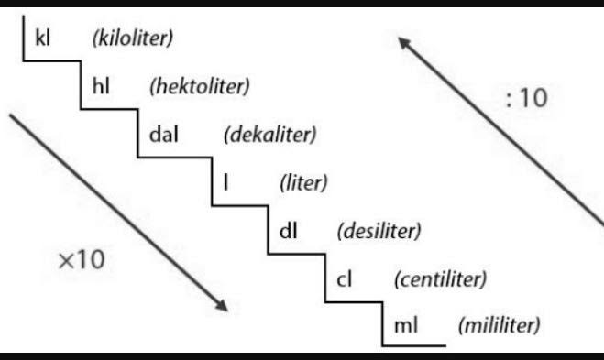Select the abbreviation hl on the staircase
coord(102,87)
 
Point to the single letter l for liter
coord(225,182)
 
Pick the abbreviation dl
coord(287,229)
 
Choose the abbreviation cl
coord(345,278)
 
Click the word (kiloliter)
coord(133,38)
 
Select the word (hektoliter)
coord(199,87)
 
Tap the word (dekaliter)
coord(269,135)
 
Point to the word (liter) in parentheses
coord(303,182)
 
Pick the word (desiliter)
coord(379,230)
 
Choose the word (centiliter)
coord(439,278)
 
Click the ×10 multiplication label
coord(82,259)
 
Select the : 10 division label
coord(526,99)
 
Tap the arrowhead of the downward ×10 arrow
coord(221,304)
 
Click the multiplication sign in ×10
coord(65,260)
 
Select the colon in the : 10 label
coord(510,100)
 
